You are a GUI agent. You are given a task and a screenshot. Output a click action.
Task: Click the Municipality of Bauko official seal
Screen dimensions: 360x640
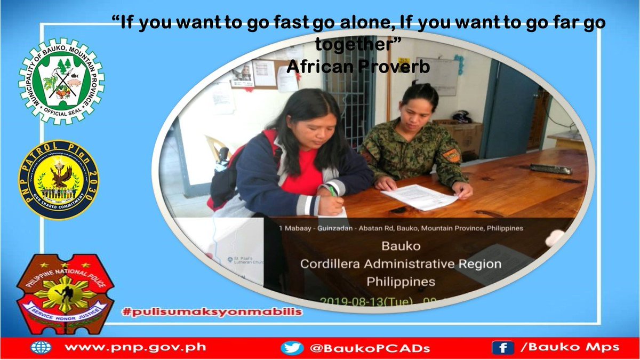(x=62, y=81)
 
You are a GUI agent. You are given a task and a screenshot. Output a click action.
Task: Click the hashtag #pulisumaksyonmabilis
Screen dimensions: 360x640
(x=212, y=311)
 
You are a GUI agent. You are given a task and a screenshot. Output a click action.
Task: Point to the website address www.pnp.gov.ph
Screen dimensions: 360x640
(x=135, y=348)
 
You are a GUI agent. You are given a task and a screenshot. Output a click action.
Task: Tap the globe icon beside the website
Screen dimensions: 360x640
(x=41, y=348)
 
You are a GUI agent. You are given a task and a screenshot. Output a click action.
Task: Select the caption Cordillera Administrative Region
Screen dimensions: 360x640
(x=401, y=264)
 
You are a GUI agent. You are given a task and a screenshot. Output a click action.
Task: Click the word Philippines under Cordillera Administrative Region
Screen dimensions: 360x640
(x=401, y=281)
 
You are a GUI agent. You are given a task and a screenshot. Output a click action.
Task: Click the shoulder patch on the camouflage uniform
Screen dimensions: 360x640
(x=451, y=155)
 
